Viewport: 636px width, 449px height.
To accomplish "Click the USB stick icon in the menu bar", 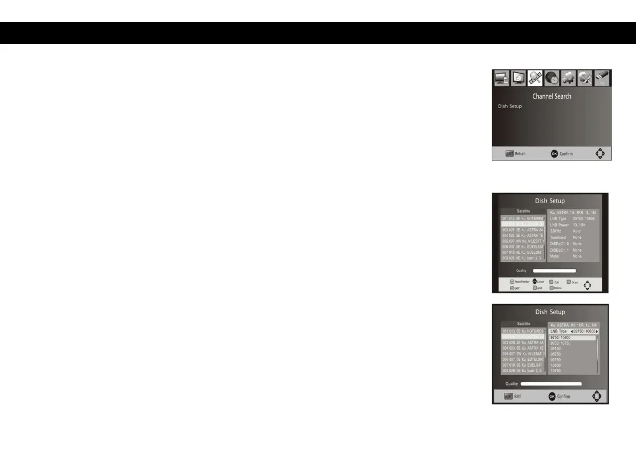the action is point(602,79).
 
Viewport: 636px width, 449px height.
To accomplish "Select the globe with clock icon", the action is point(552,79).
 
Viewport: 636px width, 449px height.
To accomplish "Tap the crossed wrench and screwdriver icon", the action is point(585,79).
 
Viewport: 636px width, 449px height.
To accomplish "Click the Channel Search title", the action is point(552,96).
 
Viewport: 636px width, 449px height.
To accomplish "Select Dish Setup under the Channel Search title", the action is point(510,106).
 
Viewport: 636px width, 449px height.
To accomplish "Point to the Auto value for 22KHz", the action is point(577,231).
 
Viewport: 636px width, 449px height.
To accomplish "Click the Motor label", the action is point(556,257).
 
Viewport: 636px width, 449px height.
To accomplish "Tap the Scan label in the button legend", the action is point(575,282).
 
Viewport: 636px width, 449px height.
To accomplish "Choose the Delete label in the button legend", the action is point(557,288).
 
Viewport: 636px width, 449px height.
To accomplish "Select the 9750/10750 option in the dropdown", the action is point(561,343).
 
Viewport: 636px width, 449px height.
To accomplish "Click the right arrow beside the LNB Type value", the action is point(596,331).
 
